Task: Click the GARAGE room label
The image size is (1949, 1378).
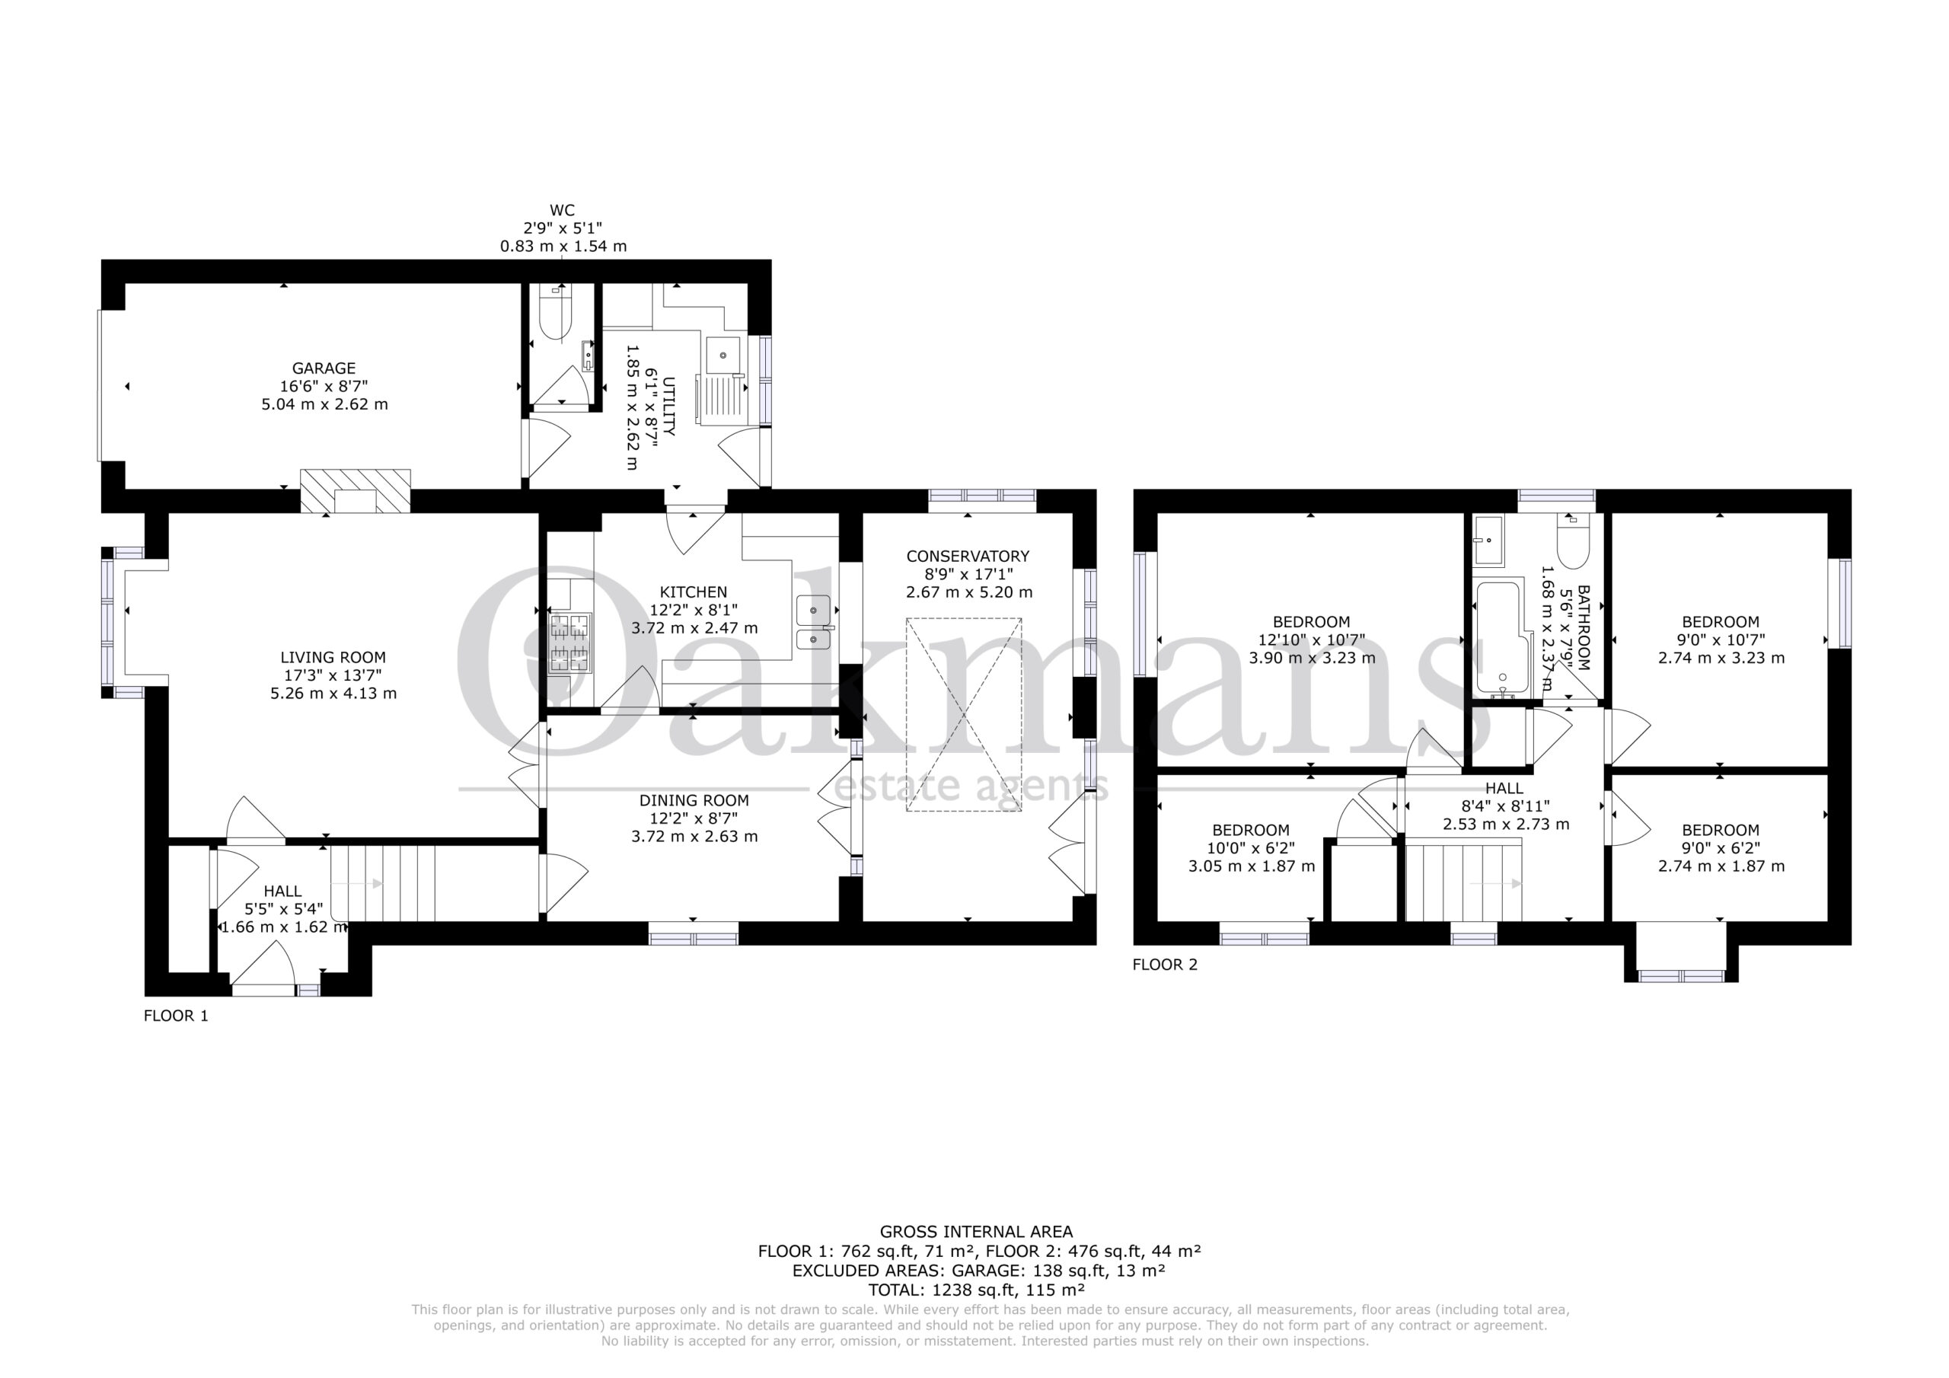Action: [x=324, y=368]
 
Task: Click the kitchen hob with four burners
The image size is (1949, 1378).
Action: [x=569, y=643]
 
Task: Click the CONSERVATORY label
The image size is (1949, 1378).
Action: [x=968, y=556]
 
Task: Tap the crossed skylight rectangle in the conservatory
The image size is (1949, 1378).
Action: [x=964, y=715]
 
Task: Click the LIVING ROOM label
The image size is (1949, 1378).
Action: [x=333, y=657]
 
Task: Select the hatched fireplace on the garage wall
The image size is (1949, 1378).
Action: [x=356, y=491]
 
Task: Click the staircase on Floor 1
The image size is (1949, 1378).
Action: [x=382, y=884]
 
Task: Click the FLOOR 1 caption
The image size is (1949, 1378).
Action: [x=176, y=1016]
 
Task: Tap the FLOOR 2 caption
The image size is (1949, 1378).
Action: [x=1165, y=965]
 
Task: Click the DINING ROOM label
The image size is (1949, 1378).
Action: [x=694, y=800]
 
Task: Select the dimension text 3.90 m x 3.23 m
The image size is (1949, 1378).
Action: [x=1312, y=657]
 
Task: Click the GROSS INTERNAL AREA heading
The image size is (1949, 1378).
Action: [x=976, y=1231]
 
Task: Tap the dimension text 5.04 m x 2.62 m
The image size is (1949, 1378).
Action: [x=324, y=404]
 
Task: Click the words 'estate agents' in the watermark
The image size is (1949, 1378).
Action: [x=971, y=786]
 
